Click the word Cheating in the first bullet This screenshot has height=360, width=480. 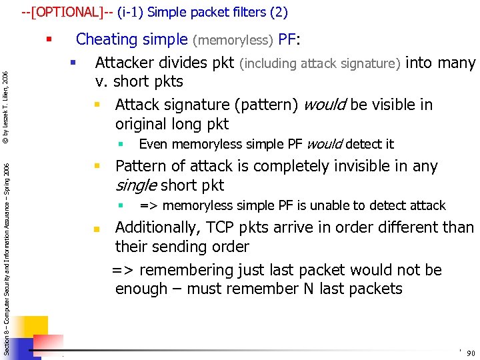(x=103, y=40)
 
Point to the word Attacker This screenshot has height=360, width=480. (x=123, y=63)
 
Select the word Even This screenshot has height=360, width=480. (x=152, y=144)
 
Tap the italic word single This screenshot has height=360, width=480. (x=135, y=185)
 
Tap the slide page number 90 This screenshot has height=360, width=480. (x=471, y=353)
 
